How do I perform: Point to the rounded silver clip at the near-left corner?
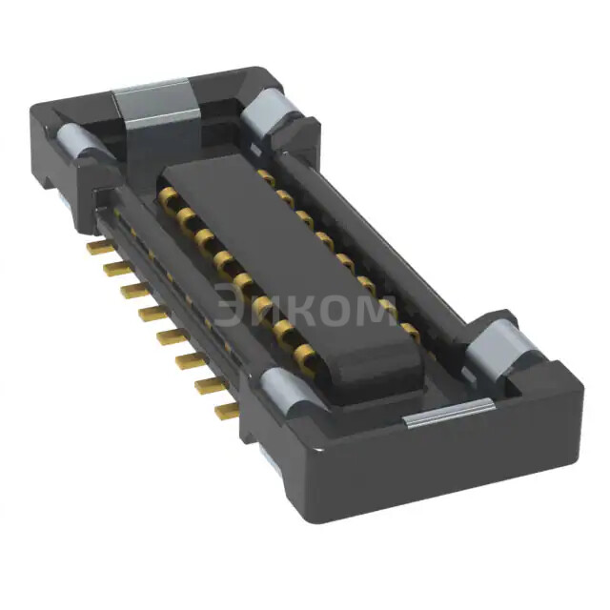pos(283,392)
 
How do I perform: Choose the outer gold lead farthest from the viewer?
pos(95,246)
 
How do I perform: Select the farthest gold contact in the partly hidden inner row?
pos(267,178)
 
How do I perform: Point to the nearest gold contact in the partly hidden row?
pos(409,330)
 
